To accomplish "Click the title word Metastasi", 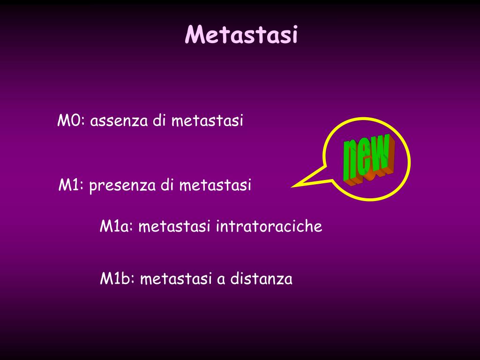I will (241, 35).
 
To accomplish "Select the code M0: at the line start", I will (70, 121).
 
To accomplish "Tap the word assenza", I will (120, 121).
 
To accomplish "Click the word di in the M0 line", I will (160, 121).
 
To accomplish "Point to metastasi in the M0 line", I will (207, 121).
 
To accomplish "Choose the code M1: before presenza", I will (71, 185).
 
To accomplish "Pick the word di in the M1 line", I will (168, 185).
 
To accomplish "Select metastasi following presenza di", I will (215, 185).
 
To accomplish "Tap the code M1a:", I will (117, 227).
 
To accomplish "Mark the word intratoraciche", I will (269, 227).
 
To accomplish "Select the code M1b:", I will (117, 279).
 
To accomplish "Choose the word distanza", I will (261, 279).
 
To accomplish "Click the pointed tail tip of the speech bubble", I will (292, 187).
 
